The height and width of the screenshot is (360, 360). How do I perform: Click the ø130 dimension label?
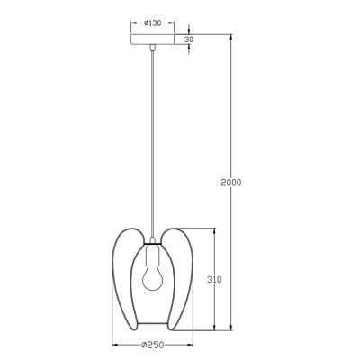153,23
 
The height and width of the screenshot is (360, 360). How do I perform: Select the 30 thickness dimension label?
189,40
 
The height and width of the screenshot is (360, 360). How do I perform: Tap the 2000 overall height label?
230,183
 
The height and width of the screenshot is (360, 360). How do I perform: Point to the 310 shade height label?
214,280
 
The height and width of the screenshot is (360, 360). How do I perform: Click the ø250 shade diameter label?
153,345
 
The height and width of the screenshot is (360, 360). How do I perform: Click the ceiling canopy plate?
153,40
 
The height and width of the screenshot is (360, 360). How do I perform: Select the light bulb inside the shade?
152,279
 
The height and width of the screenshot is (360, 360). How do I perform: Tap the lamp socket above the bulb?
153,256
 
